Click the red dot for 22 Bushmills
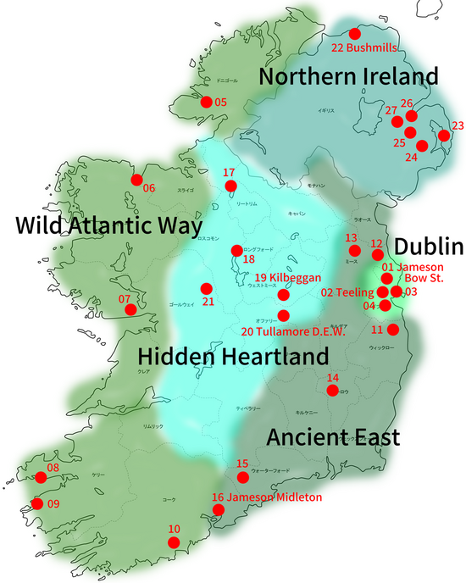[x=354, y=33]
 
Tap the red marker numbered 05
[x=206, y=102]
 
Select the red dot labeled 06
[x=136, y=179]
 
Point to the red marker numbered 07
[x=130, y=309]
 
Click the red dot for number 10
[x=174, y=542]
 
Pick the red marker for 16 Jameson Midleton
[x=218, y=509]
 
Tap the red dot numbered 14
[x=333, y=390]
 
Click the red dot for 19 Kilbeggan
[x=283, y=296]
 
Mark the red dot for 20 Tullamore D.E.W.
[x=283, y=315]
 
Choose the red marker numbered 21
[x=204, y=288]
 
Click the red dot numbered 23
[x=442, y=136]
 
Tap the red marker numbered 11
[x=392, y=329]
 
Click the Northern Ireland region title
[x=348, y=76]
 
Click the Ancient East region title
[x=333, y=437]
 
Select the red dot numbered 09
[x=37, y=503]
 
